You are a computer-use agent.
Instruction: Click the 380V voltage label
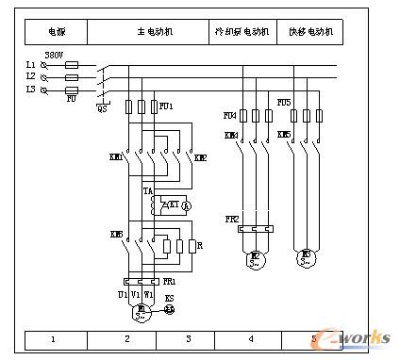coord(54,56)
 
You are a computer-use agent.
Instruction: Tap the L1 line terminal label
coord(31,64)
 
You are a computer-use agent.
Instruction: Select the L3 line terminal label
coord(31,89)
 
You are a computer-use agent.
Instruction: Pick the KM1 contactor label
coord(117,156)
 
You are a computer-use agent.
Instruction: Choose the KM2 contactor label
coord(200,157)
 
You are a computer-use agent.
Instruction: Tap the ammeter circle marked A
coord(186,205)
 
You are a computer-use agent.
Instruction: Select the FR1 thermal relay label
coord(169,281)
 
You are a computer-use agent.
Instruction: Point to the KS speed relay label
coord(170,297)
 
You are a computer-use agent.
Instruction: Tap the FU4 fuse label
coord(229,115)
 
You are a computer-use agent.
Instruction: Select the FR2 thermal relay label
coord(231,219)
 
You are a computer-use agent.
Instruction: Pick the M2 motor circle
coord(254,257)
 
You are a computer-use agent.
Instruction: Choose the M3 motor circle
coord(306,256)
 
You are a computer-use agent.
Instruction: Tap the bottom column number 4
coord(251,338)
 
